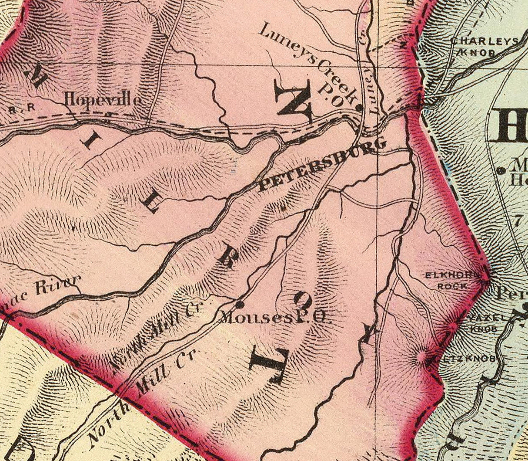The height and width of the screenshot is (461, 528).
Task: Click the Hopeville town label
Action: pos(102,100)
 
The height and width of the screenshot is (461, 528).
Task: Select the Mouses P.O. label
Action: pos(275,317)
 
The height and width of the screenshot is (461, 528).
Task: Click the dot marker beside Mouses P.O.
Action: pos(239,303)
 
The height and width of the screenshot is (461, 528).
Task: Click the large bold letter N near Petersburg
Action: pos(294,102)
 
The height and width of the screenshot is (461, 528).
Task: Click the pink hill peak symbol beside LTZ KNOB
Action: pos(421,357)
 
